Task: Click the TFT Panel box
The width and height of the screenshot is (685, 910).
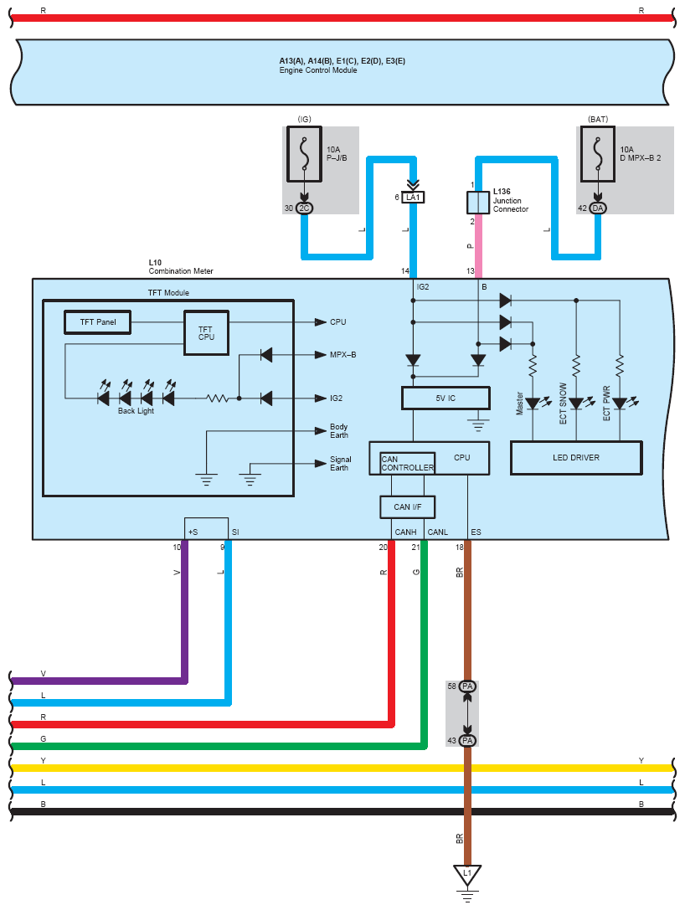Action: click(97, 322)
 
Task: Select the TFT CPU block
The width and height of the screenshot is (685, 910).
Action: click(206, 332)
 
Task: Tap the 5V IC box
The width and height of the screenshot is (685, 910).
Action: click(446, 398)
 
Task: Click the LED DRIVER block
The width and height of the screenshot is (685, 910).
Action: click(576, 458)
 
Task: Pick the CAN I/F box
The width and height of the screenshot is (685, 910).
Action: click(408, 506)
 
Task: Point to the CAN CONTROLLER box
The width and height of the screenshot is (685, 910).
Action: click(408, 463)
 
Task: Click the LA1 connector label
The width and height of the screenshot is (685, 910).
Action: click(413, 198)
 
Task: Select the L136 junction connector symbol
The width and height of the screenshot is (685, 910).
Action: click(478, 203)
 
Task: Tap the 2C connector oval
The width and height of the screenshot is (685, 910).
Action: click(304, 208)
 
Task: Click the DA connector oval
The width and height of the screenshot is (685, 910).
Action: click(598, 208)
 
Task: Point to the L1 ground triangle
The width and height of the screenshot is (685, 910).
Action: click(467, 874)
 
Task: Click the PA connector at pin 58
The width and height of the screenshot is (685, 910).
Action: click(467, 686)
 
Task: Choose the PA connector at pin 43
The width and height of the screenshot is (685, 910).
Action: click(467, 741)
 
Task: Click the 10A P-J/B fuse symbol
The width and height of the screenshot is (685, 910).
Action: click(304, 154)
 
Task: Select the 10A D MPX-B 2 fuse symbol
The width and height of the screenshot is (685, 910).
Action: click(598, 154)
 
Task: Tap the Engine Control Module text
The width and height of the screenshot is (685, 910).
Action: click(318, 70)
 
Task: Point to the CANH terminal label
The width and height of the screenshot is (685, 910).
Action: click(406, 532)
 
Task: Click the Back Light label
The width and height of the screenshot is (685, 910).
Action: click(136, 411)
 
